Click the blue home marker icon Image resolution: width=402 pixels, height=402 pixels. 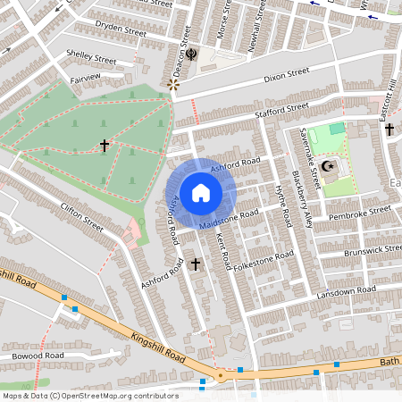201,193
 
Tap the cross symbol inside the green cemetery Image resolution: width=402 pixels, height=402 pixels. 105,144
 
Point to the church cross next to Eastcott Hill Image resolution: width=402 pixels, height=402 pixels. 389,130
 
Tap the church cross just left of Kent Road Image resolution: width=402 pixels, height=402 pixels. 196,264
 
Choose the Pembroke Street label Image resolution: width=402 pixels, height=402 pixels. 360,214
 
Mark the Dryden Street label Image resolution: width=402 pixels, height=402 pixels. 121,29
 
